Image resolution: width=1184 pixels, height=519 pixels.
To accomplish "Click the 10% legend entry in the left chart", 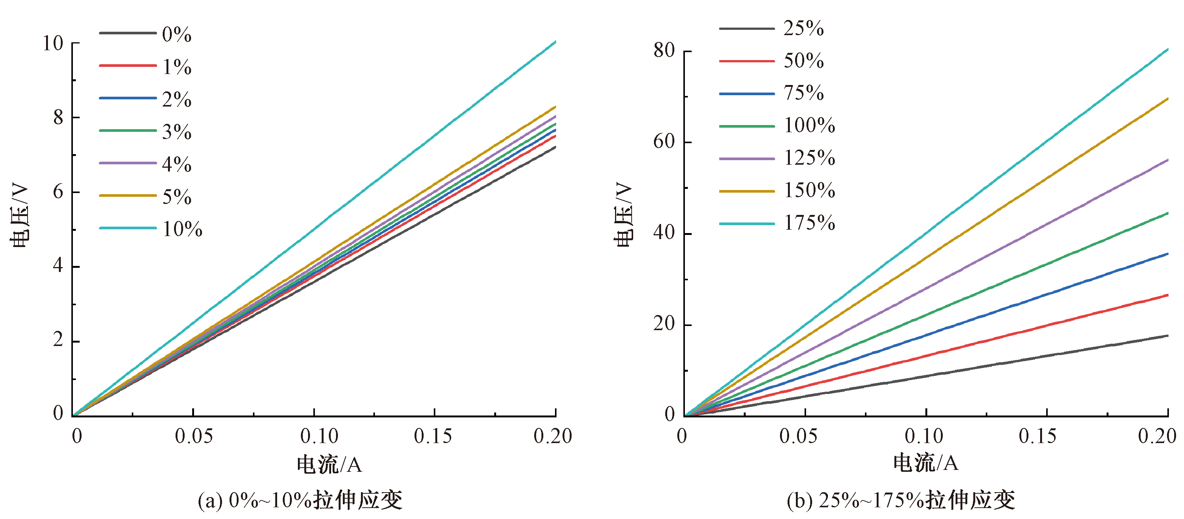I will [182, 229].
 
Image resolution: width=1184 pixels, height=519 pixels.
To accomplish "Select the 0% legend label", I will [176, 34].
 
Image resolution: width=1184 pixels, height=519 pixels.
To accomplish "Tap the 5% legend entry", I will [176, 197].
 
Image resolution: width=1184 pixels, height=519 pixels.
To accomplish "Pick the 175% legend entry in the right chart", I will [809, 223].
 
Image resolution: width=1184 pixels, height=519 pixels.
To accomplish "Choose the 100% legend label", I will [809, 125].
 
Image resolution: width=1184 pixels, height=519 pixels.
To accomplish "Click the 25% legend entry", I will [803, 28].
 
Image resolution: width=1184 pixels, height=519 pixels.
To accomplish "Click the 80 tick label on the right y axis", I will [664, 51].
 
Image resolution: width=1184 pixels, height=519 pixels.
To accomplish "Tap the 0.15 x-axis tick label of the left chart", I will [433, 436].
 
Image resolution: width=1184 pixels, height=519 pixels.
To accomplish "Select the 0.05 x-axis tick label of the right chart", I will [799, 436].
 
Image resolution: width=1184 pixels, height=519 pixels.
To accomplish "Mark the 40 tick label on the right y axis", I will [664, 233].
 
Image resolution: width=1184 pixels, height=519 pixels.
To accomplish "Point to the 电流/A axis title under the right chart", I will [926, 463].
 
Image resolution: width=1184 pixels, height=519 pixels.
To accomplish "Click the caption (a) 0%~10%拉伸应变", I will [300, 500].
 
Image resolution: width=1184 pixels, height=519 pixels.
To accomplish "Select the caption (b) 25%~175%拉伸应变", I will [901, 500].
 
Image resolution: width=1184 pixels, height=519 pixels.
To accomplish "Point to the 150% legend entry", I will [809, 190].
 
